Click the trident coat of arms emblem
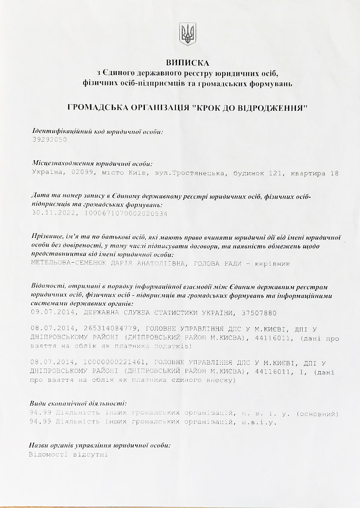pyautogui.click(x=187, y=34)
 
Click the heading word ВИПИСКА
pyautogui.click(x=187, y=62)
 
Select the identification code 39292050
pyautogui.click(x=49, y=139)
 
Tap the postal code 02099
pyautogui.click(x=82, y=173)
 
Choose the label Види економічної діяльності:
pyautogui.click(x=80, y=403)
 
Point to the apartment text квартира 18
pyautogui.click(x=315, y=173)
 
